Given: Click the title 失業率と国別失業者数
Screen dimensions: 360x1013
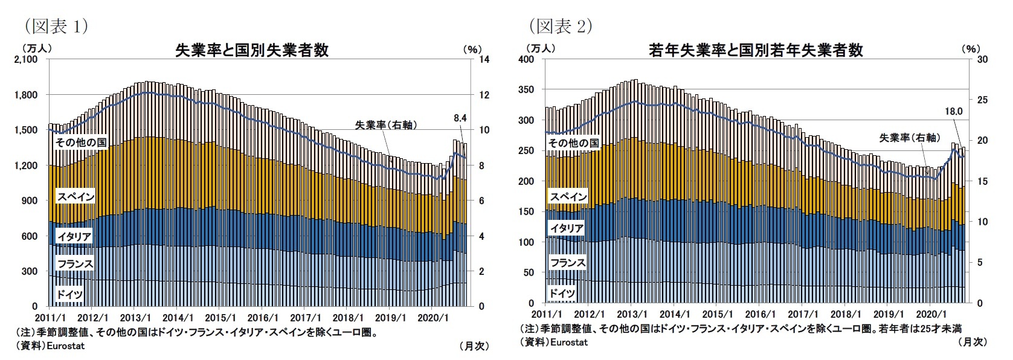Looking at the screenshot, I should pos(251,50).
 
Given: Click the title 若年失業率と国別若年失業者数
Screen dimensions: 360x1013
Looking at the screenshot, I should pos(756,50).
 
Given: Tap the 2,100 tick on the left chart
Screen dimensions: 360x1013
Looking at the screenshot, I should pos(26,60).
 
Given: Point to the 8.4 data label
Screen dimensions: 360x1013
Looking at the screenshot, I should pos(460,118).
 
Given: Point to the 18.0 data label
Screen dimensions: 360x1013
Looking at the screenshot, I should pos(953,112).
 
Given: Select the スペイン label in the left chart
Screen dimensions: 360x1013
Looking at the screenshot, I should pos(76,196).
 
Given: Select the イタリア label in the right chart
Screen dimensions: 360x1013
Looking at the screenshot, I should pos(567,228).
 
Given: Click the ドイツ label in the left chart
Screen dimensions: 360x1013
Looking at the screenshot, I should pos(69,294).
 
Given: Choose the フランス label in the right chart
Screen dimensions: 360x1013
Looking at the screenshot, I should pos(567,263).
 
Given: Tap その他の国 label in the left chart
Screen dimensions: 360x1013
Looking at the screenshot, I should pos(80,143).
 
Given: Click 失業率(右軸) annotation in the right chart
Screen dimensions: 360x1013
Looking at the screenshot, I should pos(909,138).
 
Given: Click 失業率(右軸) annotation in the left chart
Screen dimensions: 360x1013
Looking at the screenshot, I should pos(386,125).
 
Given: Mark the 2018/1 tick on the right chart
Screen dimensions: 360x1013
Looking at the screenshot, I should pos(846,314).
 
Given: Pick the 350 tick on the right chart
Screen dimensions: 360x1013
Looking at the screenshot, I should pos(527,90).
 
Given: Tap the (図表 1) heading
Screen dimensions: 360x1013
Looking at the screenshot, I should pos(56,26).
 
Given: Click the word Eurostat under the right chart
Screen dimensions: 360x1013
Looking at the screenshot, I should pos(569,342).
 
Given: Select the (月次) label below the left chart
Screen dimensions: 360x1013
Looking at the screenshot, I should pos(474,346).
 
